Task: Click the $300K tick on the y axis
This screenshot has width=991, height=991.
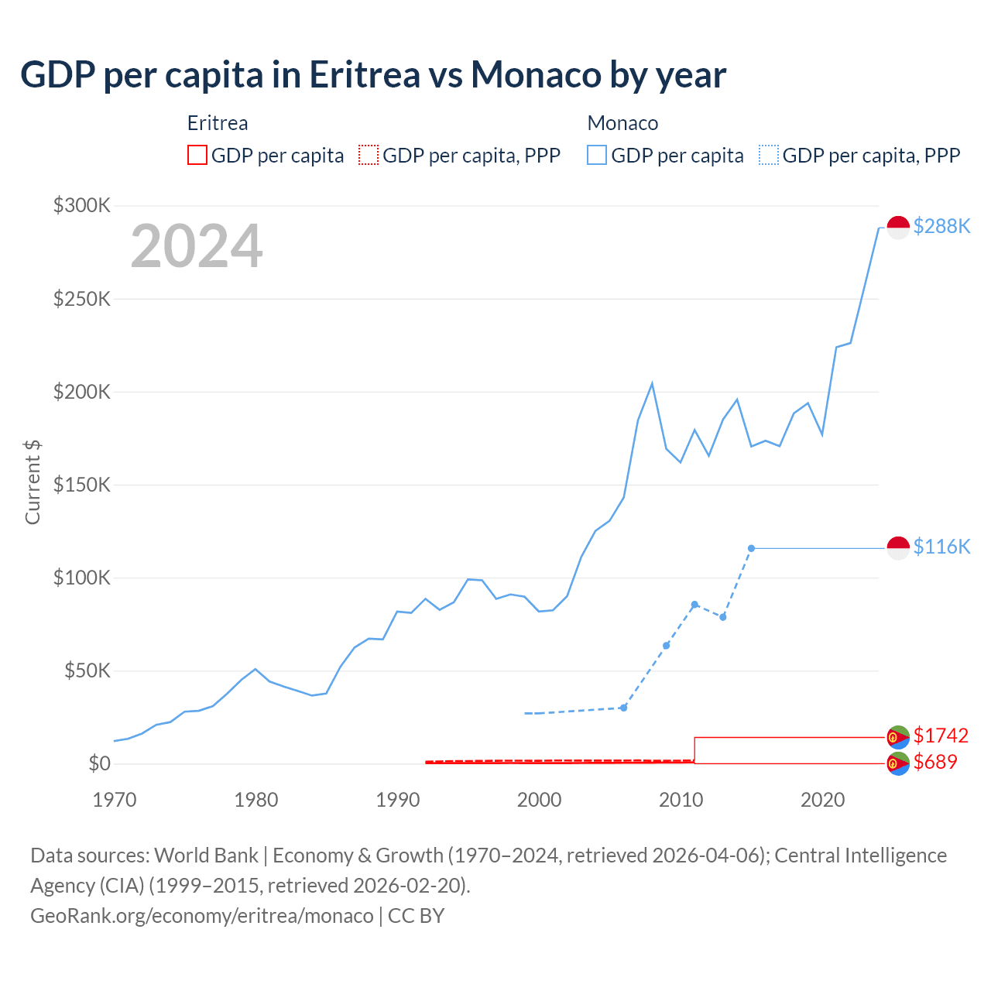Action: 82,206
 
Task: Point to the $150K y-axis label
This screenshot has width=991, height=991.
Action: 82,485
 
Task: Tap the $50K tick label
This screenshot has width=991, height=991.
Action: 87,671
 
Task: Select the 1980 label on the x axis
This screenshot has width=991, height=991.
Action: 256,800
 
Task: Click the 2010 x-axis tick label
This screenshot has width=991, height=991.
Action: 681,800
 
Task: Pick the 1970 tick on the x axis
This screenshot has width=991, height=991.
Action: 115,800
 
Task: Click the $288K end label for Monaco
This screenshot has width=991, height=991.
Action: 941,226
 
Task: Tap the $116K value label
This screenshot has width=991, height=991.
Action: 941,547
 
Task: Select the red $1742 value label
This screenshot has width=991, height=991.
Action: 941,736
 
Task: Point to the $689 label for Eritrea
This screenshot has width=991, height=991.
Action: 935,763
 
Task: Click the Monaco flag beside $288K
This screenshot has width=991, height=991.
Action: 898,228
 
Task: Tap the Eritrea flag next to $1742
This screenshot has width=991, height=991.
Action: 898,736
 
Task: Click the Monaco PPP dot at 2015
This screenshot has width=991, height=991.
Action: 751,548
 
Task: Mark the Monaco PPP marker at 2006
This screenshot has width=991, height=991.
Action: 623,708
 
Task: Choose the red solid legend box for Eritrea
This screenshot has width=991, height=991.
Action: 197,156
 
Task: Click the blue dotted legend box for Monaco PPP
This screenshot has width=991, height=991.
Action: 769,156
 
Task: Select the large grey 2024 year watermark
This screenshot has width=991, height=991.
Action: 197,247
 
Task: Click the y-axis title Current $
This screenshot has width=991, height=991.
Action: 33,482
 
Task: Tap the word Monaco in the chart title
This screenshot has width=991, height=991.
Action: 536,75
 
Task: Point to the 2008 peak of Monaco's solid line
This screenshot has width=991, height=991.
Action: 652,383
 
